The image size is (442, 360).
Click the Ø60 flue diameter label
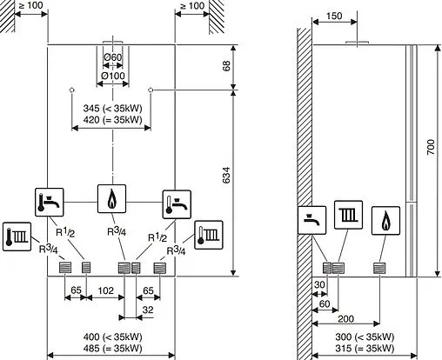click(111, 58)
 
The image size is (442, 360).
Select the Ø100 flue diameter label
click(111, 76)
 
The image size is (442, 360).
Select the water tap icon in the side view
click(311, 217)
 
